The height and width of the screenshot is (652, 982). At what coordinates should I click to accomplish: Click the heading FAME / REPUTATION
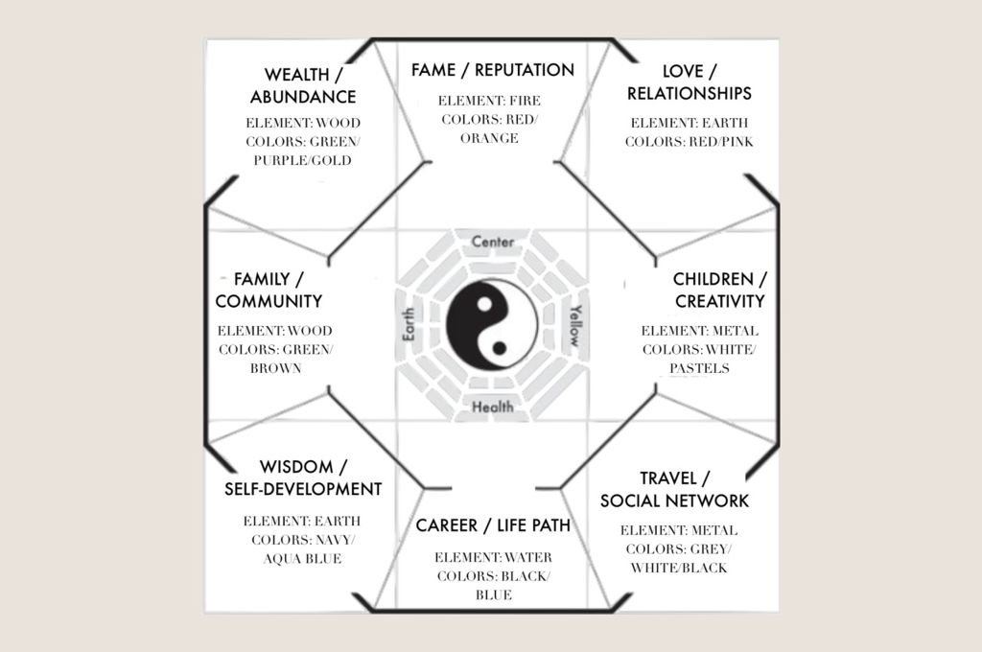tap(493, 70)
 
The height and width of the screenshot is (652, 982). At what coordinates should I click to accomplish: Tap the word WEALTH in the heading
tap(297, 75)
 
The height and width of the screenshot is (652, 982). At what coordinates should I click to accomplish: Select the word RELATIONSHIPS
tap(689, 93)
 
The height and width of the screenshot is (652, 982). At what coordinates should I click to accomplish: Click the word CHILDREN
tap(713, 279)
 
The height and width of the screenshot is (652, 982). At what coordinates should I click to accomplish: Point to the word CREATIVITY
tap(720, 301)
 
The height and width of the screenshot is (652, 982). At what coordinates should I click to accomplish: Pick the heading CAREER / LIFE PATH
tap(493, 525)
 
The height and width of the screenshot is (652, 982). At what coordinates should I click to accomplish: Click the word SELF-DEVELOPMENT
tap(303, 489)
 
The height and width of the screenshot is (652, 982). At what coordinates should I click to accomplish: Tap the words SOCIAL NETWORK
tap(674, 501)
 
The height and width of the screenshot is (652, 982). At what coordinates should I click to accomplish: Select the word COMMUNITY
tap(269, 301)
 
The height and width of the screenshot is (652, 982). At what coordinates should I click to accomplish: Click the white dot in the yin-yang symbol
tap(484, 305)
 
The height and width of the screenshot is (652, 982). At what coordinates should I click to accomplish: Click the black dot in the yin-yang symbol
tap(499, 348)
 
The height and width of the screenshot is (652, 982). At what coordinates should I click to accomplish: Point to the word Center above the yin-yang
tap(493, 242)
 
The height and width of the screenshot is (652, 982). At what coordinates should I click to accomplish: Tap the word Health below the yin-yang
tap(493, 407)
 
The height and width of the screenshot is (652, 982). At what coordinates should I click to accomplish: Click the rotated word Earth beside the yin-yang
tap(408, 324)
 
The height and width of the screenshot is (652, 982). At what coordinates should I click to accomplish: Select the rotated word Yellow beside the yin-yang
tap(575, 325)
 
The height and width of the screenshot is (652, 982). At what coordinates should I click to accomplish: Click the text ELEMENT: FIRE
tap(489, 101)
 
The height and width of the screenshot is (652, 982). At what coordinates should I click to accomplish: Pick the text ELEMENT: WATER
tap(494, 557)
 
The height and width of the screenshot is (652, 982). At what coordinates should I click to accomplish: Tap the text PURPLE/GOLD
tap(302, 160)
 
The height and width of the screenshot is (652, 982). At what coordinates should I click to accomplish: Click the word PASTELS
tap(699, 368)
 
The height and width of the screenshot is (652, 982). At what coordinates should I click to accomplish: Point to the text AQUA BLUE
tap(302, 559)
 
